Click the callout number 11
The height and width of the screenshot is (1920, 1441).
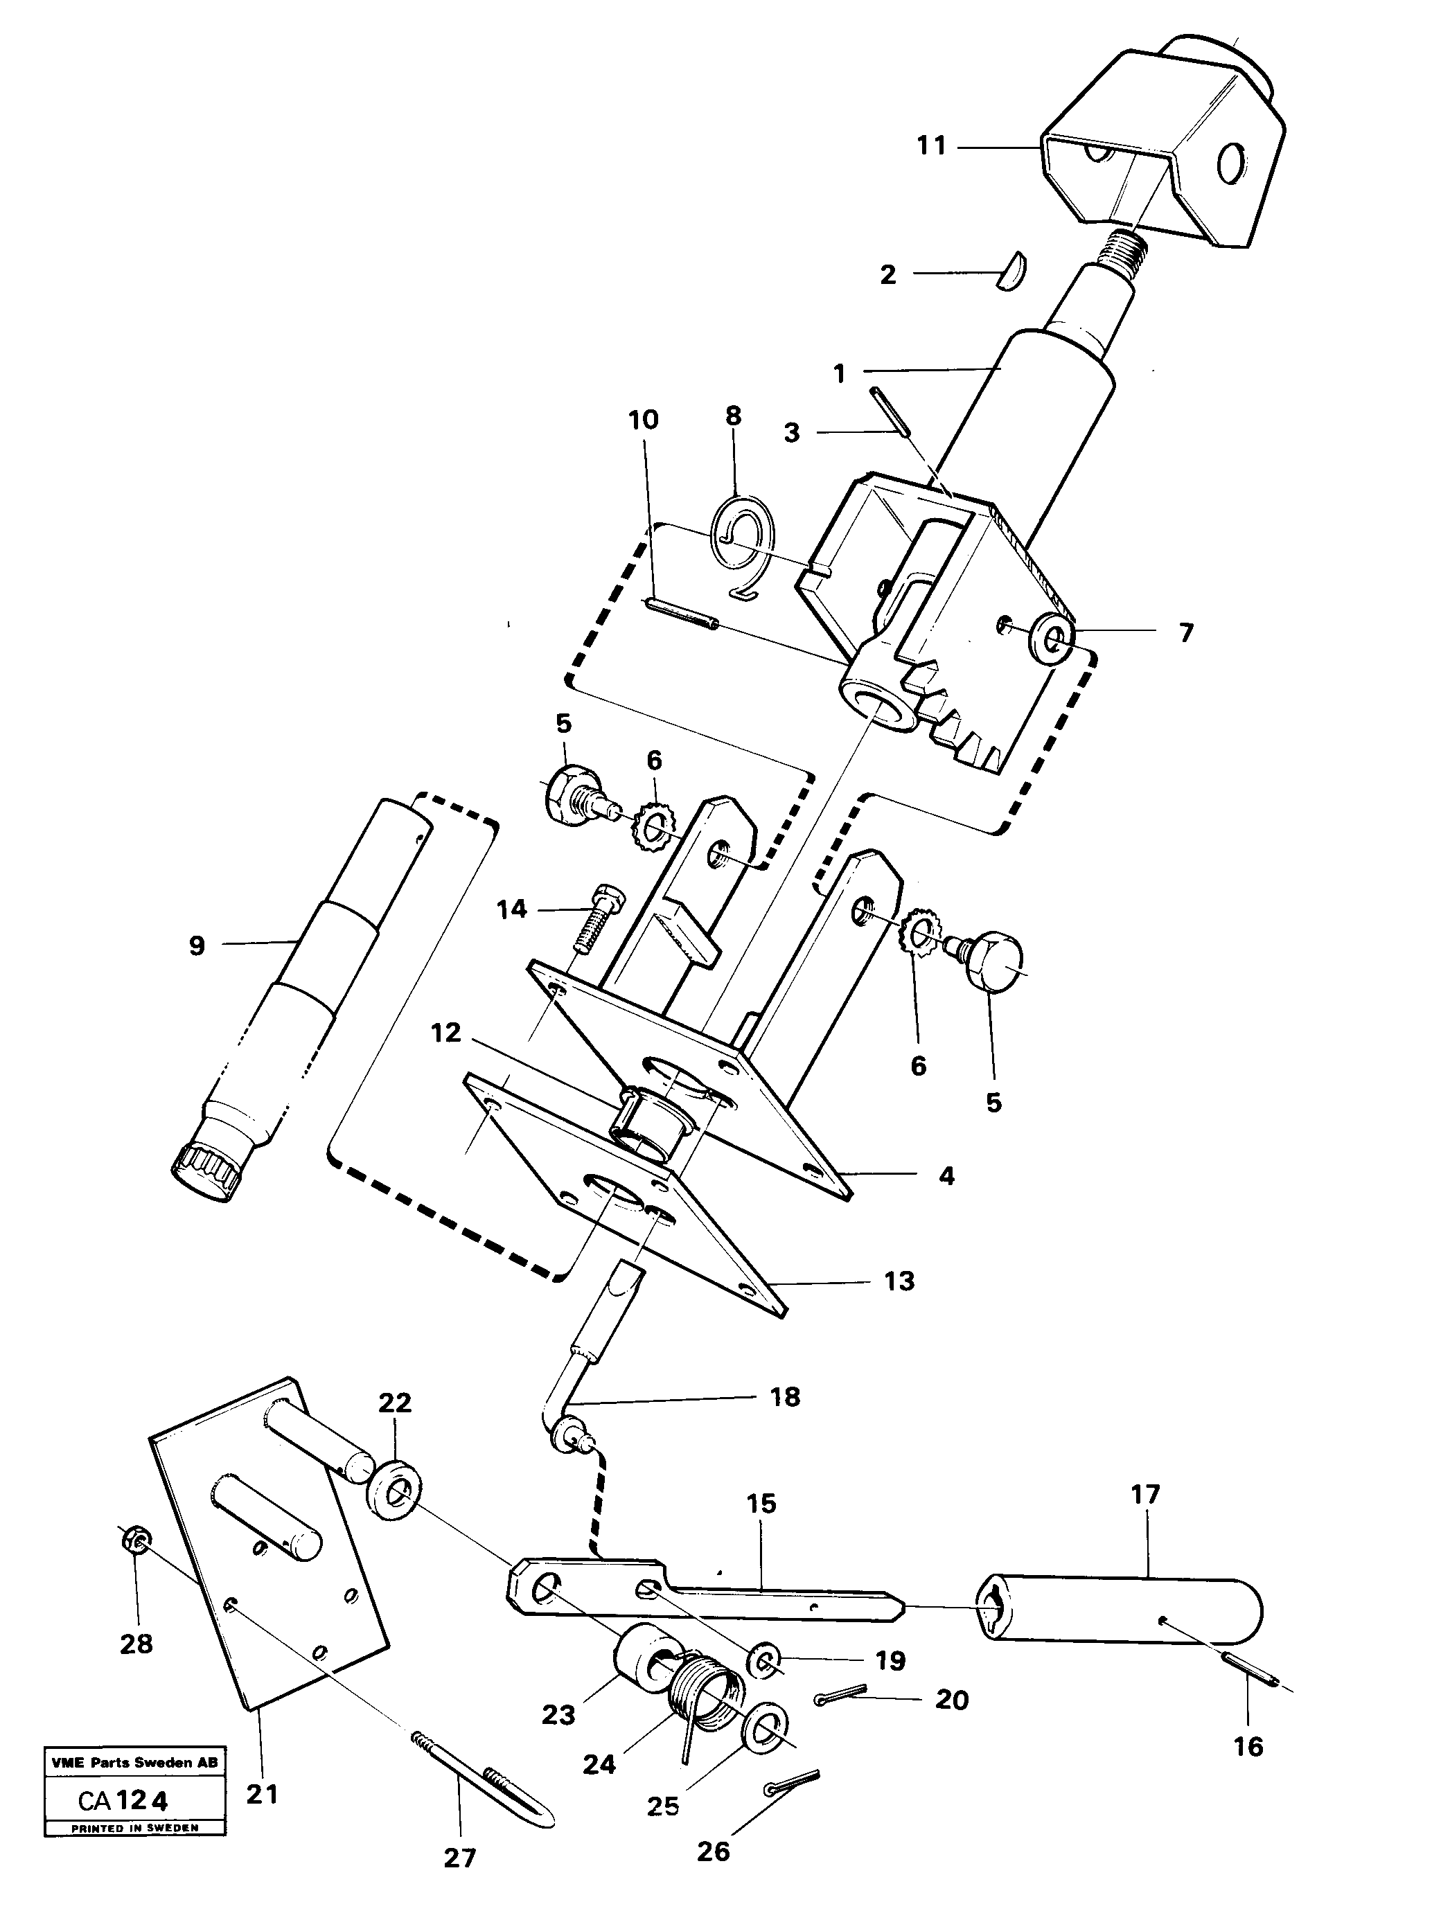pos(931,146)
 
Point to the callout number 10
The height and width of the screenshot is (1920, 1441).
pos(643,420)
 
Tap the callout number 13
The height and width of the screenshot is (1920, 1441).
pos(899,1281)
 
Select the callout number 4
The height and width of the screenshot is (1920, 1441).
pos(946,1175)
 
